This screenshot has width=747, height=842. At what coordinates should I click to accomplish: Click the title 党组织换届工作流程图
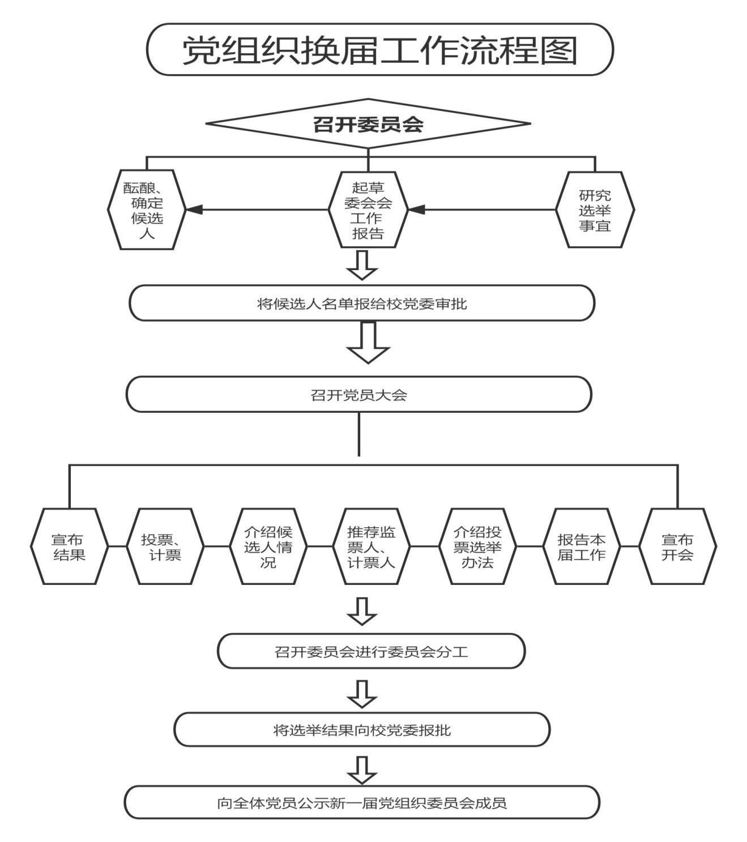[x=379, y=50]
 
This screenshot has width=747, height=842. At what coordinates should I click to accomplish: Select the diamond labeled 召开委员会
[x=368, y=123]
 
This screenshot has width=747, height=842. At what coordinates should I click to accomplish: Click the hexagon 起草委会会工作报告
[x=368, y=210]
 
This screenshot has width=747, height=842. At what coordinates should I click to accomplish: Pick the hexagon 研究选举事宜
[x=595, y=210]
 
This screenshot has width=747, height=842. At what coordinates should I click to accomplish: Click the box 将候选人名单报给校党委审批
[x=362, y=304]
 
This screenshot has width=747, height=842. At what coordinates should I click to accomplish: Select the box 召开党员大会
[x=358, y=395]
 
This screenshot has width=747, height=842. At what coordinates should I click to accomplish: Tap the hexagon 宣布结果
[x=69, y=546]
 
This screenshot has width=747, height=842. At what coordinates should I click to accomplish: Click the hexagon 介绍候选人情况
[x=268, y=546]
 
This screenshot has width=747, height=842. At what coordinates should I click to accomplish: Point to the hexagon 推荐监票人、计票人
[x=371, y=546]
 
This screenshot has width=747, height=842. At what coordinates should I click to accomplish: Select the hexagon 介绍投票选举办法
[x=477, y=546]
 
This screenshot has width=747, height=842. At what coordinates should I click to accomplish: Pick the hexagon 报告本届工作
[x=581, y=546]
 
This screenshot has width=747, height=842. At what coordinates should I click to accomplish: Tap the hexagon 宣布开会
[x=677, y=546]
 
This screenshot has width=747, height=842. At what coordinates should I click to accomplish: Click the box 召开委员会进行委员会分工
[x=372, y=651]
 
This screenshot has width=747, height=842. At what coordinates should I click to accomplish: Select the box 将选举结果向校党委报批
[x=362, y=730]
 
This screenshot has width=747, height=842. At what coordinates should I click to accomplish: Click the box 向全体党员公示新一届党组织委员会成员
[x=362, y=802]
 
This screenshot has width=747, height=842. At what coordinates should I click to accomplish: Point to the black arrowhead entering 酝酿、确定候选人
[x=194, y=210]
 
